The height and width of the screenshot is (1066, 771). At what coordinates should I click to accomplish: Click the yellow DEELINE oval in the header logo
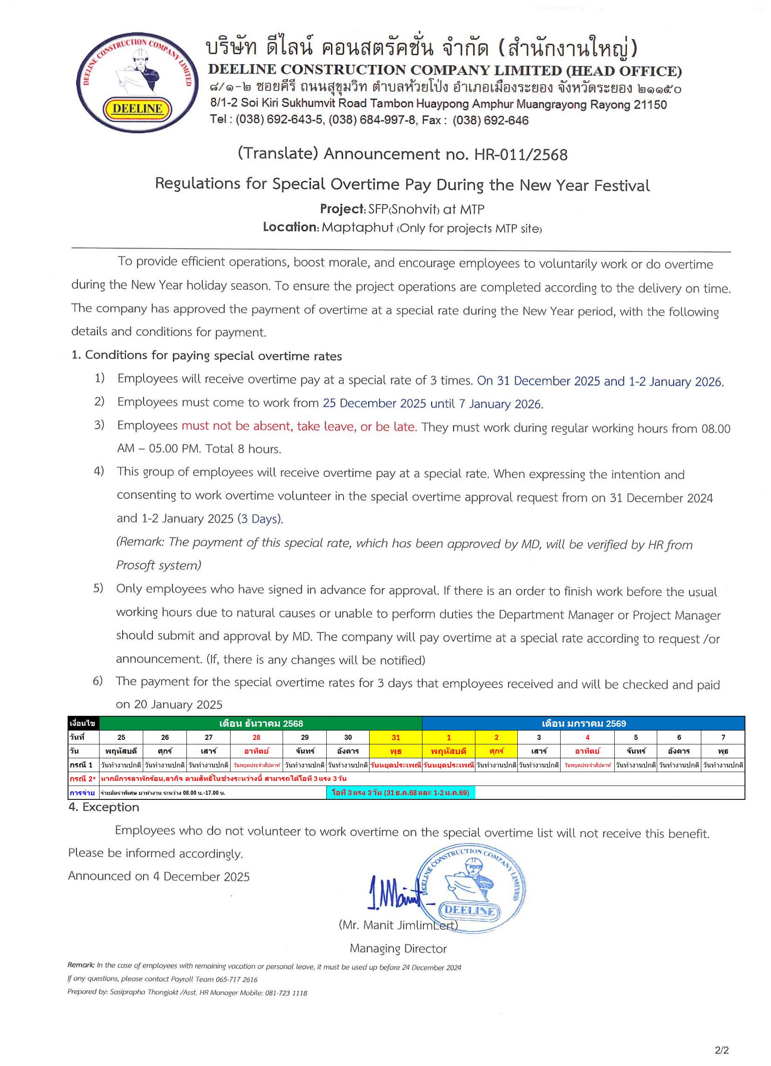click(x=137, y=109)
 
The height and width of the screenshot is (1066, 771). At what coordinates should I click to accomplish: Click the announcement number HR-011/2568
click(x=520, y=155)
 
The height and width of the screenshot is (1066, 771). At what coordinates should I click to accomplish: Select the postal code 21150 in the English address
click(x=650, y=105)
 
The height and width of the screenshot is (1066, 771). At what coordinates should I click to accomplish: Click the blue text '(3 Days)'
click(x=260, y=519)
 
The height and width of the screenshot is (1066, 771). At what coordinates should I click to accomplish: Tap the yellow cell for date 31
click(x=396, y=737)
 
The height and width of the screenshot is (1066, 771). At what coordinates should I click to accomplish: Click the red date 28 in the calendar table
click(x=256, y=737)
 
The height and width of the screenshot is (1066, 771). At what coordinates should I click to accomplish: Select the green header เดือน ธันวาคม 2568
click(x=261, y=723)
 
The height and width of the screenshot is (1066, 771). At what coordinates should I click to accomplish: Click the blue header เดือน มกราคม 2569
click(x=583, y=723)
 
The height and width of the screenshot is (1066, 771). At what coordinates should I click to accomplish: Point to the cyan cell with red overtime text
click(x=400, y=792)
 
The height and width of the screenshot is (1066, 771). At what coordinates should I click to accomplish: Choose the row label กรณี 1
click(x=81, y=765)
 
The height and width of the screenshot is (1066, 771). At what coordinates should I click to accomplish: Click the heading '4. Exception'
click(x=104, y=807)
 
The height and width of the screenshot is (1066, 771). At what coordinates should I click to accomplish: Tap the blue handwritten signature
click(x=393, y=898)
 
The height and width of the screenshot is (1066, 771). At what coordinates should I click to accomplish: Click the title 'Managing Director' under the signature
click(x=398, y=948)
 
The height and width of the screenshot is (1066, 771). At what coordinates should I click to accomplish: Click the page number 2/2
click(x=721, y=1050)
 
